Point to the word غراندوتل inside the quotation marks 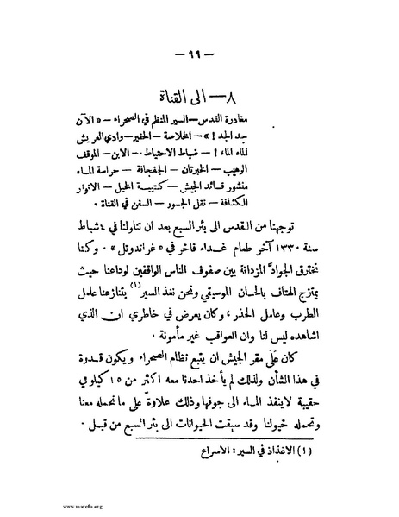point(126,249)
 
